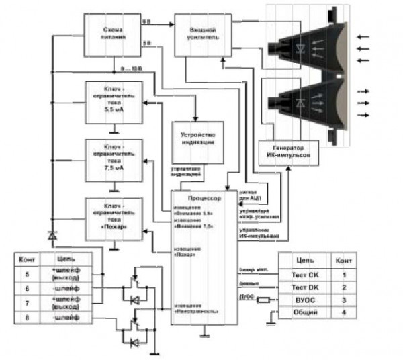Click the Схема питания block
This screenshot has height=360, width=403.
coord(111,34)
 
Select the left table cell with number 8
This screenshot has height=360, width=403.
coord(26,315)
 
